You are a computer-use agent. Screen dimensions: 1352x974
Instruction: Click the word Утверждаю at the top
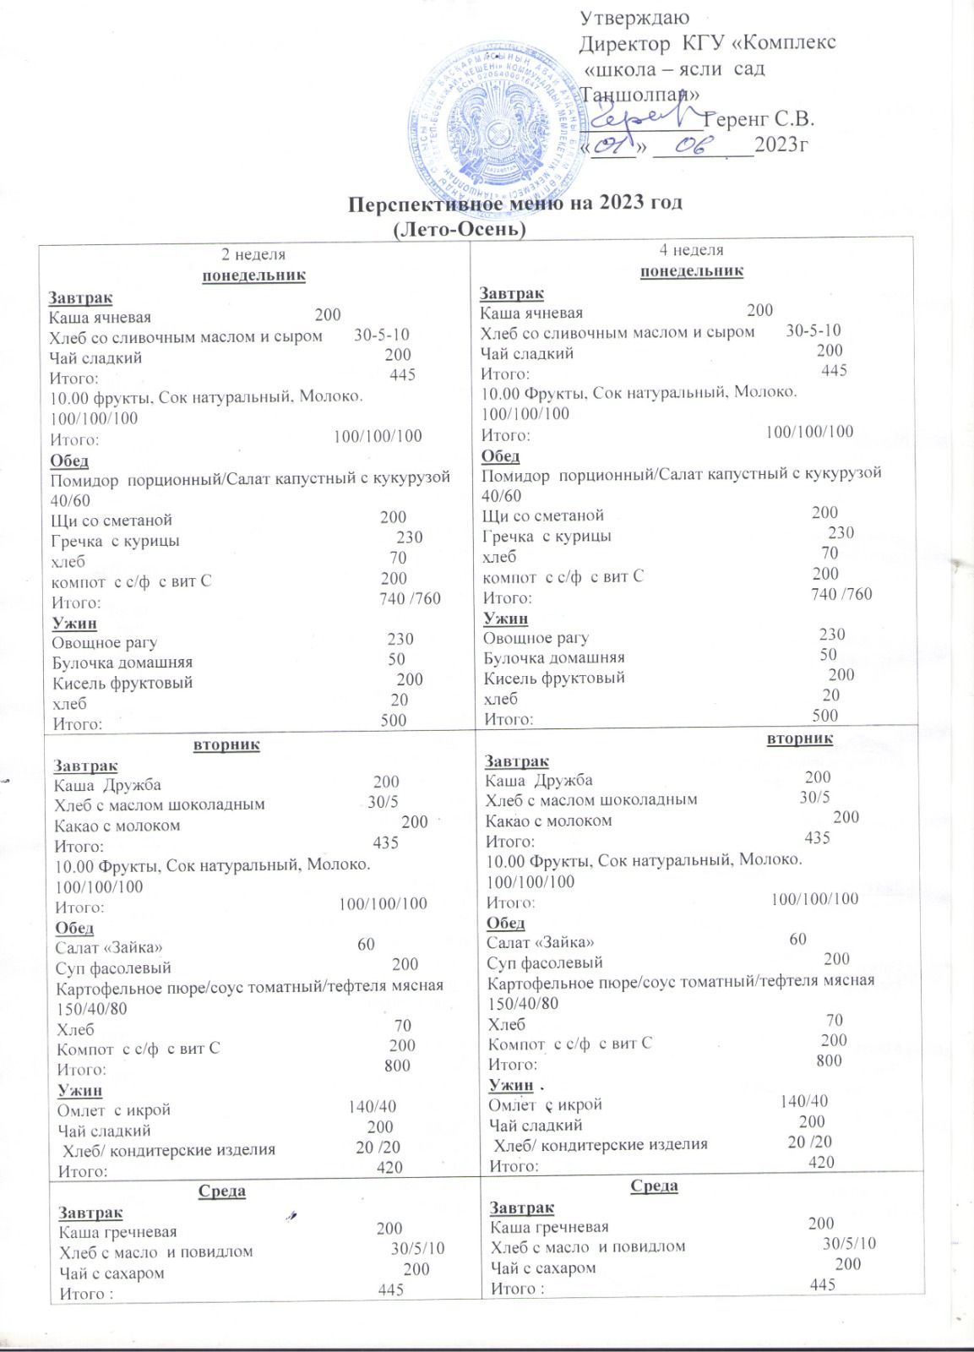635,17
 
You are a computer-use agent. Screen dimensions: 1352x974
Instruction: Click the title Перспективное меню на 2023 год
515,204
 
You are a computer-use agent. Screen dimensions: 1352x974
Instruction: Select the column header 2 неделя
253,253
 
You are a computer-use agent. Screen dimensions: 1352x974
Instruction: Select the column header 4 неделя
692,250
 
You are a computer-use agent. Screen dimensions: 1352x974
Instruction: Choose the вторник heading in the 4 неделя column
799,739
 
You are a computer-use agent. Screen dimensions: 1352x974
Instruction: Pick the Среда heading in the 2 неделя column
222,1191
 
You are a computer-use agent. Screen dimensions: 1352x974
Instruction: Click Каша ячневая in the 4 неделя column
531,312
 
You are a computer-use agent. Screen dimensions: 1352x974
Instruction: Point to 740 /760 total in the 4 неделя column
841,594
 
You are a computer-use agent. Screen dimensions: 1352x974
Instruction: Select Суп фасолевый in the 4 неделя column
544,961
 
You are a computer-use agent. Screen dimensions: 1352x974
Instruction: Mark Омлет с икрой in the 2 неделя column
113,1109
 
